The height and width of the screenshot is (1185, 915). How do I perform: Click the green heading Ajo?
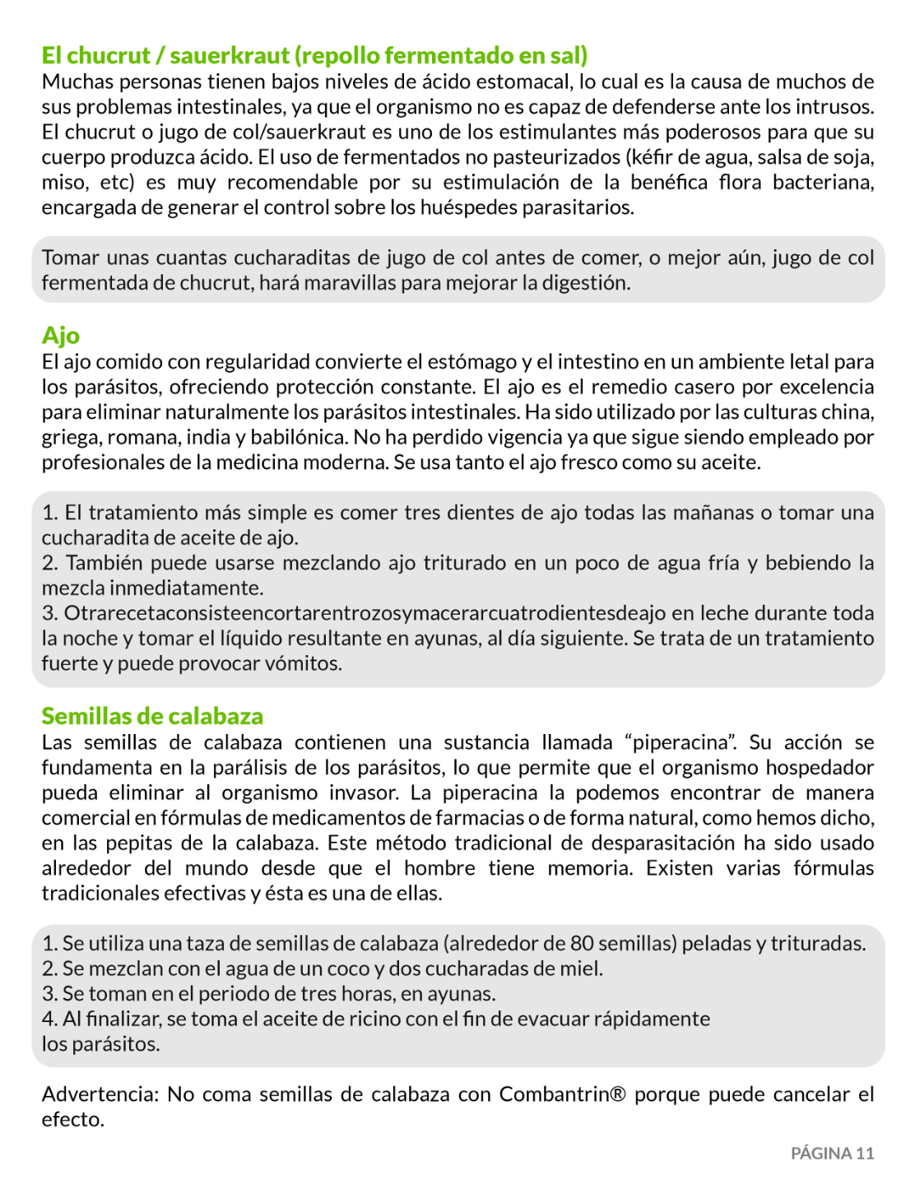click(x=61, y=336)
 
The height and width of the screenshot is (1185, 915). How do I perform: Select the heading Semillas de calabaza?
click(x=152, y=716)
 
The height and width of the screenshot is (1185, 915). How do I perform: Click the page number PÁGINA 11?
click(x=832, y=1153)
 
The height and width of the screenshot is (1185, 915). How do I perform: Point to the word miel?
click(x=583, y=969)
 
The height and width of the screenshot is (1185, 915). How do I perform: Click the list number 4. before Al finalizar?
click(x=49, y=1019)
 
